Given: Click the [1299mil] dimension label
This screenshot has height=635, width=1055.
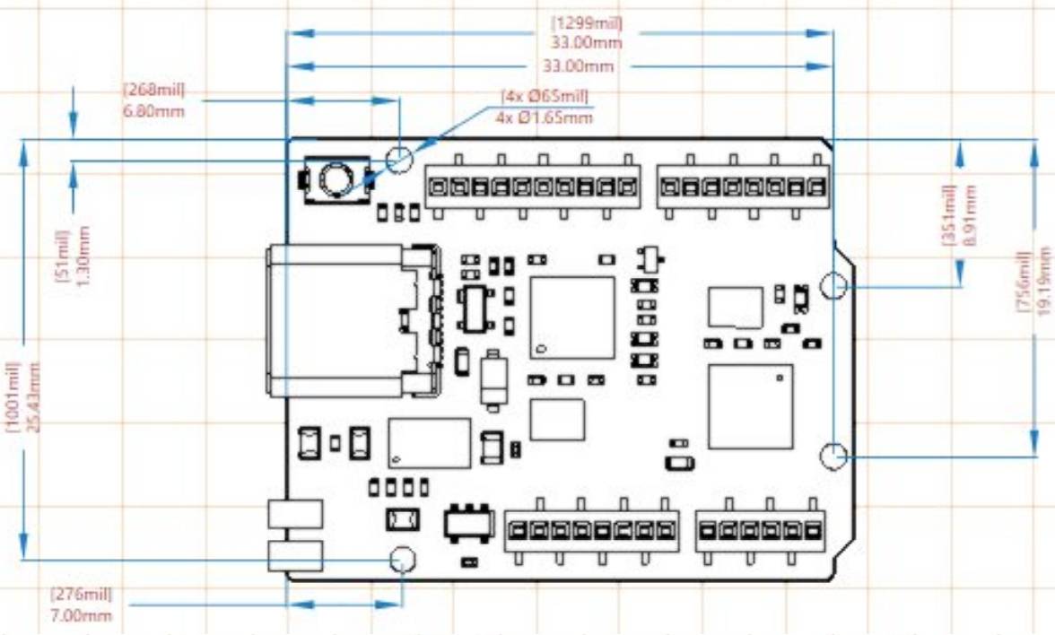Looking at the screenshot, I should pos(588,23).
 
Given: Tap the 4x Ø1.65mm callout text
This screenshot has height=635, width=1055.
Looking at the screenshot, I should pos(544,117).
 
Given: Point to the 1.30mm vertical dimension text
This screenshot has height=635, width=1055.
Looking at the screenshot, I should pos(83,254).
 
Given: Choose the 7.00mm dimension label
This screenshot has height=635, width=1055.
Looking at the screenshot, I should pos(82,614).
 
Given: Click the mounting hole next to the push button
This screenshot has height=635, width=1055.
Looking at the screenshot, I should pos(399,161).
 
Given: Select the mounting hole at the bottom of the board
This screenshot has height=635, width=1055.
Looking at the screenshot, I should pos(403,561).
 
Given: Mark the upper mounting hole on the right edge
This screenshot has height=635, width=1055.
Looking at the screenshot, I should pos(833,285).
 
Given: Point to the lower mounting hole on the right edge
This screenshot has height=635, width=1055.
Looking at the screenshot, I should pos(833,456).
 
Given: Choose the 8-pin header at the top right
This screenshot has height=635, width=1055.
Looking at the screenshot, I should pos(742,187).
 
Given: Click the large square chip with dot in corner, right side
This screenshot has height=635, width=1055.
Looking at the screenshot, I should pos(750,406).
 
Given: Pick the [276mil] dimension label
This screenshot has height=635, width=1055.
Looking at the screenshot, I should pos(82,595).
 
